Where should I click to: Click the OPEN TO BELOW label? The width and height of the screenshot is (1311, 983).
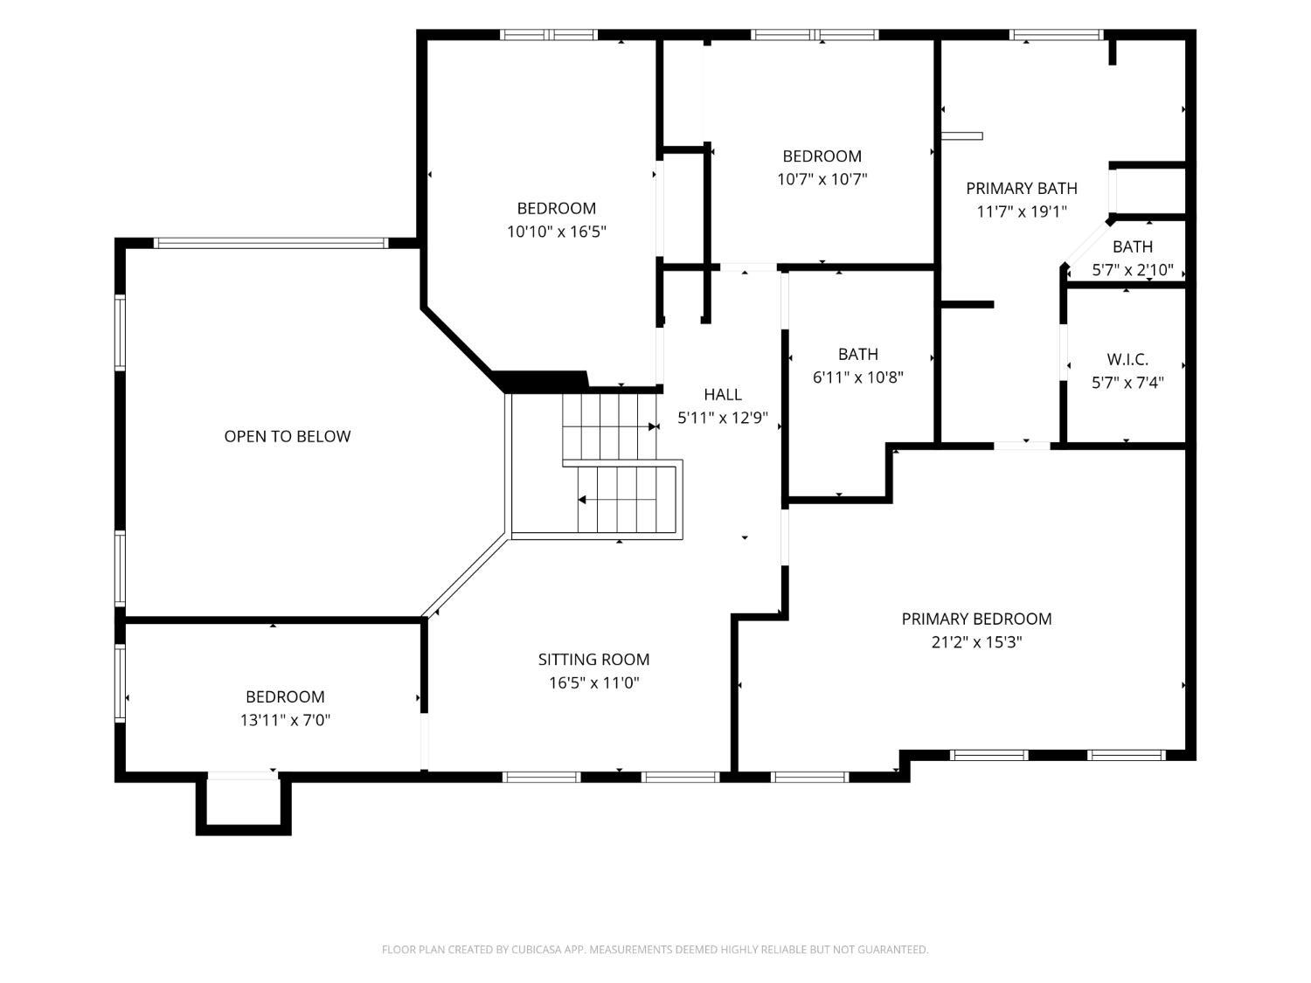288,436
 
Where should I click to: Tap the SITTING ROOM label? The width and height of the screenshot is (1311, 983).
593,660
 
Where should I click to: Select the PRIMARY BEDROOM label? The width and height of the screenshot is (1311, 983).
976,619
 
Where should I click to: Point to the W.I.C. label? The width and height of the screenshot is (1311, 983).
1127,359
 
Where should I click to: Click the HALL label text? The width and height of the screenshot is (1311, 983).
723,395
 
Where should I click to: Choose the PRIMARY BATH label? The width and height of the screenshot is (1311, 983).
1022,189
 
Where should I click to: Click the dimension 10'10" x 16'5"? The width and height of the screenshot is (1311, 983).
557,232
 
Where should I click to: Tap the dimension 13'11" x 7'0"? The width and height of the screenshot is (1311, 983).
285,720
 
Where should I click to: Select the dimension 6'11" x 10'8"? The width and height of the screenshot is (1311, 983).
857,377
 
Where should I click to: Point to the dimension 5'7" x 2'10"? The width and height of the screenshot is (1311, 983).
1133,270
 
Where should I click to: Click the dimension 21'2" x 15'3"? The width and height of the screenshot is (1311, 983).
976,642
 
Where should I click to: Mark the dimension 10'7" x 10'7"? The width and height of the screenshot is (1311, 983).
822,179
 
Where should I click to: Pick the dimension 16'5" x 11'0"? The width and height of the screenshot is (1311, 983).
593,682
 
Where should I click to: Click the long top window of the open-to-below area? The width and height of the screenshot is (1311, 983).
271,243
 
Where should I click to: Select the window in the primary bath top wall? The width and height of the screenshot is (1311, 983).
1056,35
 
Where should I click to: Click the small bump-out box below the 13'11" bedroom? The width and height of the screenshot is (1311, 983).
244,803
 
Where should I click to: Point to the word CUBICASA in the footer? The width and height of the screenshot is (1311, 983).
536,949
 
